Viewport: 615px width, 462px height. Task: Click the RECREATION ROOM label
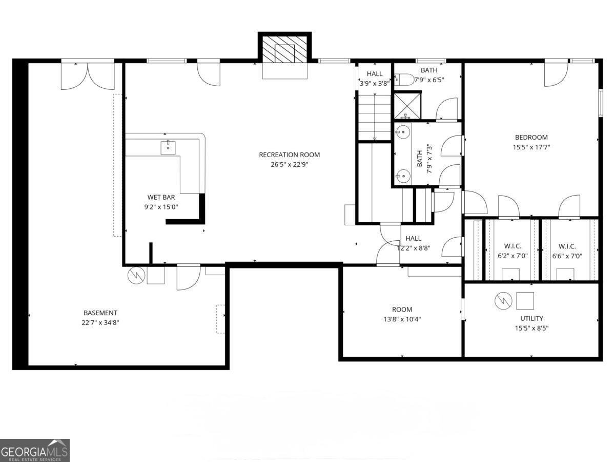(x=289, y=155)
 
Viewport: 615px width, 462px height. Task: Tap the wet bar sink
(x=168, y=147)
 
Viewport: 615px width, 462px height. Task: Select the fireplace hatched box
(x=284, y=53)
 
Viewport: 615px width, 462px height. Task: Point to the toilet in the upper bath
(x=404, y=80)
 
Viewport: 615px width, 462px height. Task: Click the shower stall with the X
(x=408, y=106)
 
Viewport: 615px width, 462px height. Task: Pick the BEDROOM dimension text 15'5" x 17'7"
(x=531, y=147)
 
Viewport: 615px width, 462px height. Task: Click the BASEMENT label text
(x=100, y=313)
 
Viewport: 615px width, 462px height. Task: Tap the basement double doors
(x=88, y=75)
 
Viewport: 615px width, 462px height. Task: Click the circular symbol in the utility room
(x=503, y=301)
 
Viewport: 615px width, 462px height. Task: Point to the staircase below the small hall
(x=374, y=117)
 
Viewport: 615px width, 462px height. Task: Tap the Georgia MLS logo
(x=34, y=450)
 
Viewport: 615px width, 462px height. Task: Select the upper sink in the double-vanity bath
(x=402, y=132)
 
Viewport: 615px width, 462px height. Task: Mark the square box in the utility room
(x=525, y=300)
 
